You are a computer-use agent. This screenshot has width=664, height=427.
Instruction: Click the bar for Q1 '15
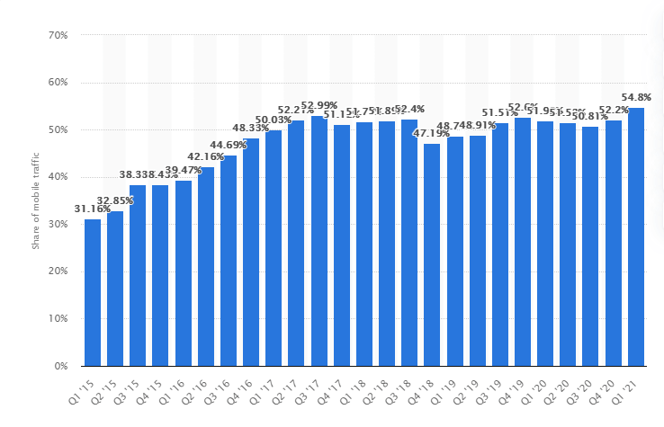93,292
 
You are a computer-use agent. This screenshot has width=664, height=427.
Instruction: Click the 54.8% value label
636,97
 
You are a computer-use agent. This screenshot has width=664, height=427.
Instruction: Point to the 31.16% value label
93,209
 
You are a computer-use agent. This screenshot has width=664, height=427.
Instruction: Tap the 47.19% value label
432,133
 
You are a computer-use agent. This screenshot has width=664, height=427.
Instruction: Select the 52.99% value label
319,105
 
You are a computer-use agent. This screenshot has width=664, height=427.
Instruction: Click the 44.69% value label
229,145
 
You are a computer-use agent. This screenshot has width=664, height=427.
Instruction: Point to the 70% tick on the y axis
58,36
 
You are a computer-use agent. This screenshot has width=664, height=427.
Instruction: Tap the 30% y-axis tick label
58,225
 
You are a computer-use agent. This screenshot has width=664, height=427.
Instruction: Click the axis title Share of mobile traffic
37,200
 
